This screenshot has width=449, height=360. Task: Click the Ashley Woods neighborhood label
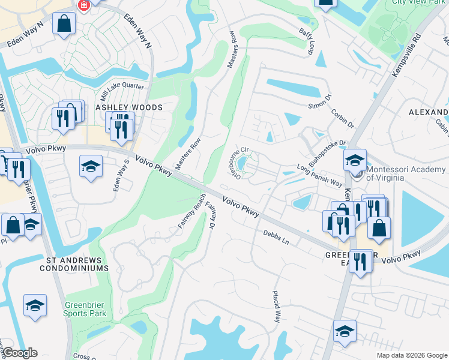click(x=129, y=107)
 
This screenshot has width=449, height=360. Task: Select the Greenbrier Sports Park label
click(x=85, y=309)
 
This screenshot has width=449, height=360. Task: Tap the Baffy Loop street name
click(x=306, y=41)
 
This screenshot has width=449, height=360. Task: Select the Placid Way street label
click(x=277, y=308)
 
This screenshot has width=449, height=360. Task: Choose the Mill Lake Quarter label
click(x=122, y=91)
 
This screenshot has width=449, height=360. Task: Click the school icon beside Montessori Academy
click(x=355, y=160)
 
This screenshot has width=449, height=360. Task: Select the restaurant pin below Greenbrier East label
click(x=360, y=261)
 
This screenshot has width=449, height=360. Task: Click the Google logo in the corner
click(x=20, y=353)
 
